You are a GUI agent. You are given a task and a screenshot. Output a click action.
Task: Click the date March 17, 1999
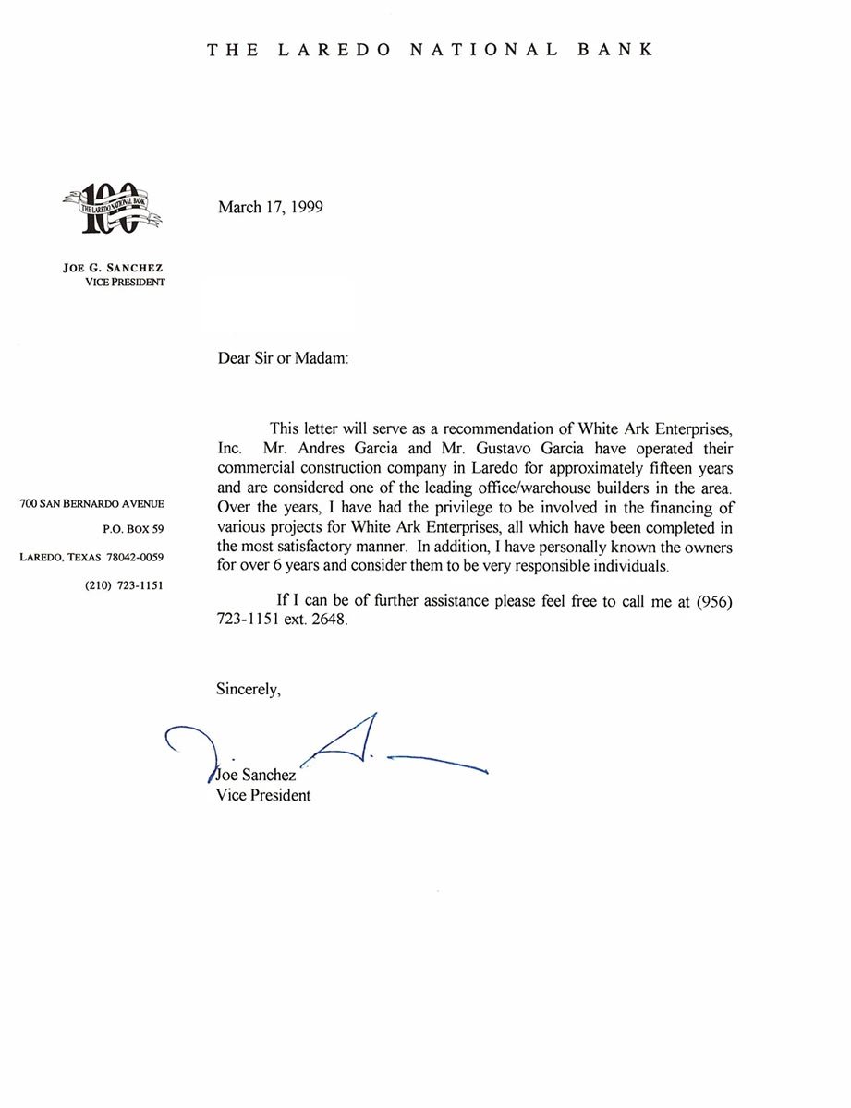click(x=270, y=207)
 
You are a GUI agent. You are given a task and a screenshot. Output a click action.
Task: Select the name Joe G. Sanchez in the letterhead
click(x=113, y=268)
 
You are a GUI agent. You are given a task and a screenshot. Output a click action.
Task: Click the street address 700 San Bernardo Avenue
click(x=91, y=503)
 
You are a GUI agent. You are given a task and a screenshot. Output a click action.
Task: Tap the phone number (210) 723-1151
click(x=124, y=584)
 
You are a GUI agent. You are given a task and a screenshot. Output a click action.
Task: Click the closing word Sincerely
click(x=248, y=688)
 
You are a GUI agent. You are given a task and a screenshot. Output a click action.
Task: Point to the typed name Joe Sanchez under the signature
click(x=256, y=776)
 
